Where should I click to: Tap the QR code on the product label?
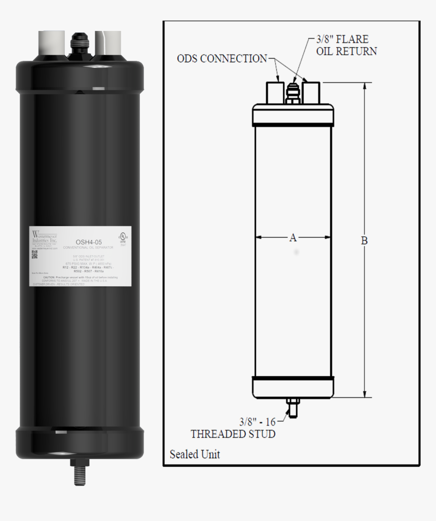coord(34,254)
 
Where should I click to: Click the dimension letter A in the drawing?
coord(293,237)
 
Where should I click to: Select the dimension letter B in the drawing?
coord(364,241)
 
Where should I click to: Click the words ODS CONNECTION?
coord(222,58)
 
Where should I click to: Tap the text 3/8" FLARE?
coord(342,39)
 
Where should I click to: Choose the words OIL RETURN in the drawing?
coord(346,51)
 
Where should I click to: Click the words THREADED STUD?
coord(233,434)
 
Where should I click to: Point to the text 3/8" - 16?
coord(258,421)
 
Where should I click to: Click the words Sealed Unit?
coord(195,454)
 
